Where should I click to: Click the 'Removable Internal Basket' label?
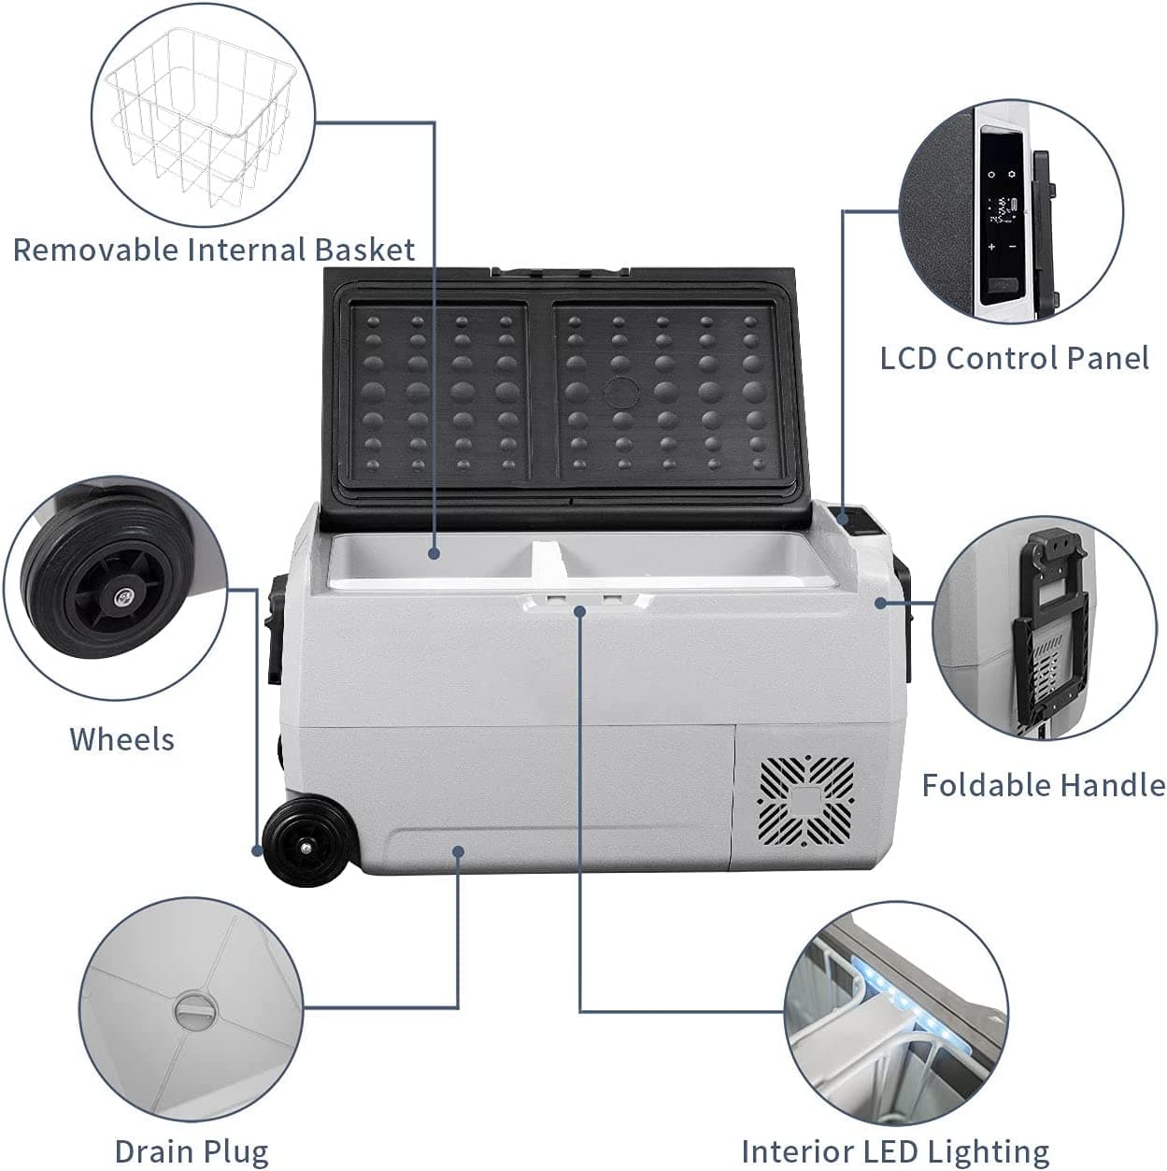point(213,250)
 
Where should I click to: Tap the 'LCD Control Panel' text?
point(1014,358)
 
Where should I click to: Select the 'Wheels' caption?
point(121,739)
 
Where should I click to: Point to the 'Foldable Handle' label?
point(1043,785)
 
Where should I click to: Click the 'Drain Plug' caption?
point(191,1151)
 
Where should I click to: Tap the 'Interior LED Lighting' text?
point(894,1151)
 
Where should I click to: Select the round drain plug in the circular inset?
point(195,1011)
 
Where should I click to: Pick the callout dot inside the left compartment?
point(434,553)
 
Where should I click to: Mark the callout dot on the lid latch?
point(580,610)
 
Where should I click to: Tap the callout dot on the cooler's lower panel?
point(458,850)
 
